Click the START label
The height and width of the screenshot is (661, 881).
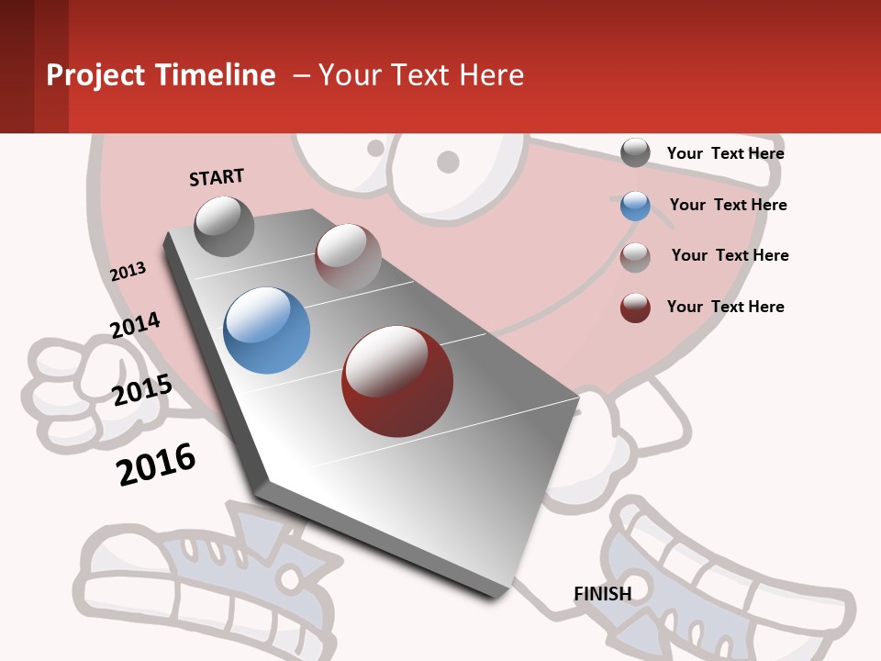pyautogui.click(x=217, y=177)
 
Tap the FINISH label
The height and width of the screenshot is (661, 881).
pyautogui.click(x=602, y=594)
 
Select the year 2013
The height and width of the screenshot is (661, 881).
pyautogui.click(x=128, y=271)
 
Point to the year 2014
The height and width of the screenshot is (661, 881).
pyautogui.click(x=135, y=325)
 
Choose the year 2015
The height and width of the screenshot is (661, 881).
pyautogui.click(x=141, y=390)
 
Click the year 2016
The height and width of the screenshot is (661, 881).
pyautogui.click(x=156, y=464)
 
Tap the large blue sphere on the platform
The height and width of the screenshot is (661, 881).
pyautogui.click(x=266, y=330)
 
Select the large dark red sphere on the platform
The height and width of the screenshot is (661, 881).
pyautogui.click(x=397, y=381)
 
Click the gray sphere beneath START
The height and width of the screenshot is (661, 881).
pyautogui.click(x=224, y=226)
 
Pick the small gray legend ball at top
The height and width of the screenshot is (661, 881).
pyautogui.click(x=635, y=152)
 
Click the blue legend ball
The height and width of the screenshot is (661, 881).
pyautogui.click(x=635, y=206)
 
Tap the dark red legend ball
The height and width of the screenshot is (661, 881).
pyautogui.click(x=635, y=308)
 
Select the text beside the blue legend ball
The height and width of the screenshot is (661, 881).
pyautogui.click(x=728, y=205)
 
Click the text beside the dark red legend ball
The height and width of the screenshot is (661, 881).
pyautogui.click(x=725, y=307)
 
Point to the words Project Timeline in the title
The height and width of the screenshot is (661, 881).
pyautogui.click(x=161, y=75)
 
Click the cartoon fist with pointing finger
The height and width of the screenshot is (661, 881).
pyautogui.click(x=64, y=386)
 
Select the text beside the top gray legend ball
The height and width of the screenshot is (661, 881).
pyautogui.click(x=725, y=153)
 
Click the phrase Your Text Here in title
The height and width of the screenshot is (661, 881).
pyautogui.click(x=421, y=75)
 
